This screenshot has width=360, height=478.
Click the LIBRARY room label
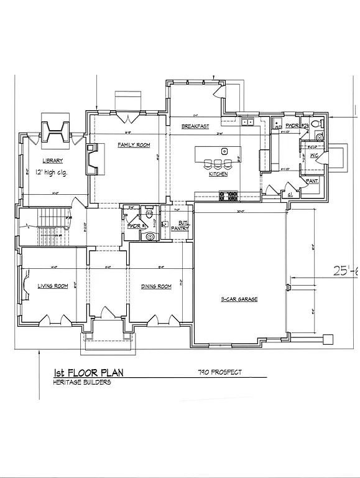53,161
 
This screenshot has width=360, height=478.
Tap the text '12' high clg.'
55,172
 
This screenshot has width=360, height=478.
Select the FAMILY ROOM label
134,145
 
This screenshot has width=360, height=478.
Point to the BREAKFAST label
195,126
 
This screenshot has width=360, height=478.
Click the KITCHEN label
218,174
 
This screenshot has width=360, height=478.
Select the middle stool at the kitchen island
218,164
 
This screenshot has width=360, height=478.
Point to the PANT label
312,181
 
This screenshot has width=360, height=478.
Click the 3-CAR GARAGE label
239,299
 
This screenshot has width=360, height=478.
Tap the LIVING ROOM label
53,286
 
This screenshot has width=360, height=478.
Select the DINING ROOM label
156,286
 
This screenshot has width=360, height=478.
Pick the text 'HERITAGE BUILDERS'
82,382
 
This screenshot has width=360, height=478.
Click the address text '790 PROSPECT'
219,372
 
